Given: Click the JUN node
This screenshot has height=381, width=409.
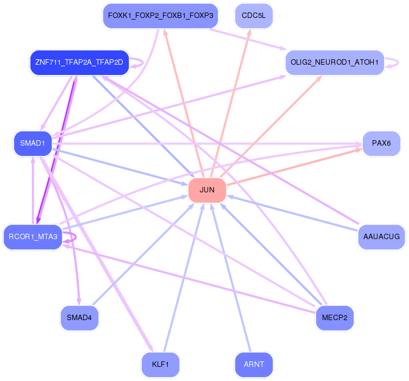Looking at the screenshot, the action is (207, 190).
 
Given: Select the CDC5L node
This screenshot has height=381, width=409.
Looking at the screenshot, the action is (254, 16).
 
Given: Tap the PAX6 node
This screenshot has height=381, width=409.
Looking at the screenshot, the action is (381, 143).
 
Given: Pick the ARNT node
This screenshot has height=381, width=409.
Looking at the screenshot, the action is (254, 365).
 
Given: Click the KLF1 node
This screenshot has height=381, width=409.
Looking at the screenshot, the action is (160, 365).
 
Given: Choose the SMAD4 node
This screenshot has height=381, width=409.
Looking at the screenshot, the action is (79, 318).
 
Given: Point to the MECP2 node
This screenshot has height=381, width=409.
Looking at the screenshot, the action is (335, 318).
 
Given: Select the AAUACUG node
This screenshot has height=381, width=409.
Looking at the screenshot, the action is (381, 237).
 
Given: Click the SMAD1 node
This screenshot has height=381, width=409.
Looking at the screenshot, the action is (33, 143).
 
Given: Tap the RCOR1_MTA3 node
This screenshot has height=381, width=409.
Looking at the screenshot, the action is (33, 237).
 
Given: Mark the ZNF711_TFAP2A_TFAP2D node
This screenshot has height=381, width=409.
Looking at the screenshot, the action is (79, 63).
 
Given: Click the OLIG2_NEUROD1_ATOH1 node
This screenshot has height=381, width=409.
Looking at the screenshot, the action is (335, 63).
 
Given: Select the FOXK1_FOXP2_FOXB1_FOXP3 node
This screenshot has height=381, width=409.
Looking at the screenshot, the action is (160, 16).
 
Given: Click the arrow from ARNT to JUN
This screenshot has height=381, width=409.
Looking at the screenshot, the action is (231, 278).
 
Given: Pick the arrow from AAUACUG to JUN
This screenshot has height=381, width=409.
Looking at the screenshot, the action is (292, 213).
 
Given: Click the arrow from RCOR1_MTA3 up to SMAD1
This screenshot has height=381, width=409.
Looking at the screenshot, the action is (33, 190).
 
